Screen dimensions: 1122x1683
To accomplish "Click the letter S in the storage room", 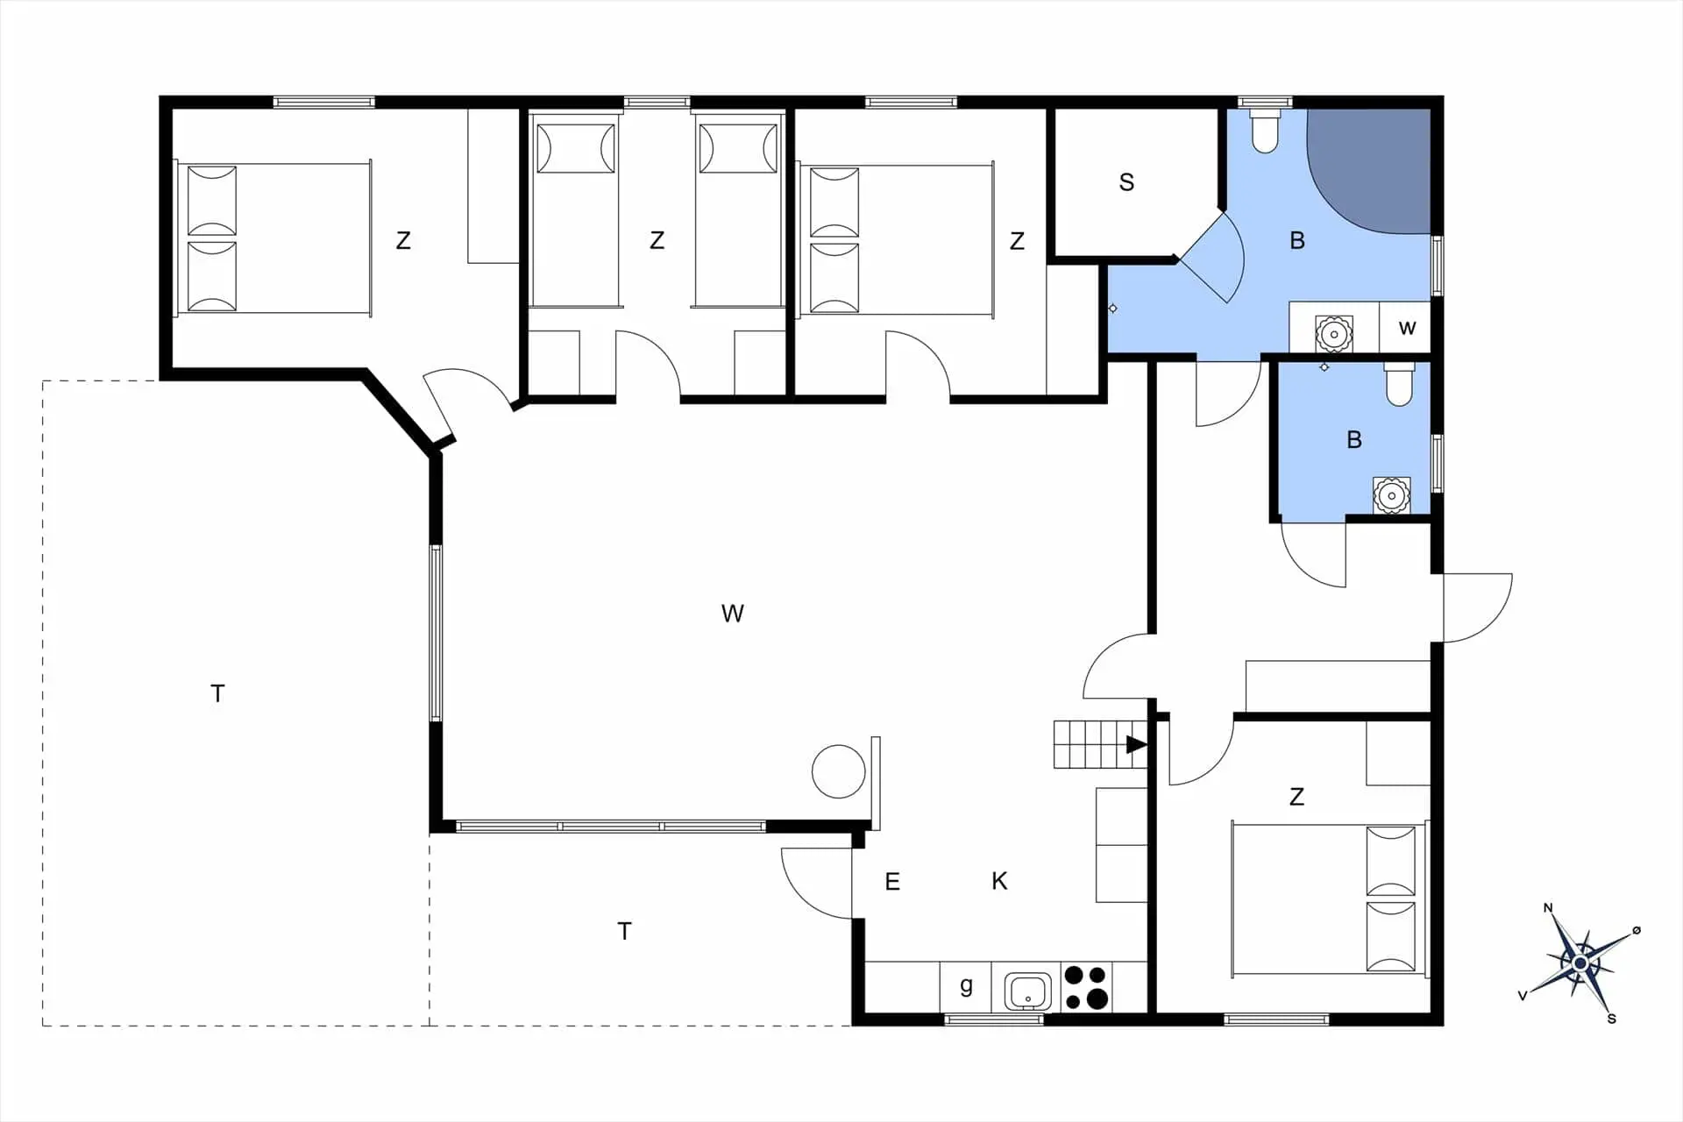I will tap(1126, 182).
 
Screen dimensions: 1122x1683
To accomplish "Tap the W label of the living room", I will tap(732, 614).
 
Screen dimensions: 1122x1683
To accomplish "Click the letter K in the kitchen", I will tap(999, 881).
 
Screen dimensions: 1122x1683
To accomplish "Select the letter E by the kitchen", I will tap(892, 882).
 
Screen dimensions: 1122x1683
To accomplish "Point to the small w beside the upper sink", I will tap(1407, 329).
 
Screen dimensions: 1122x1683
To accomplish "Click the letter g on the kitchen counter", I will tap(966, 985).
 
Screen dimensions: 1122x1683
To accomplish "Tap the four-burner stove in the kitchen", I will tap(1086, 987).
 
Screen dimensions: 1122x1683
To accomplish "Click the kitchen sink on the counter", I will tap(1027, 991).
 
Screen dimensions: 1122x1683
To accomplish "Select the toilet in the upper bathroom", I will tap(1265, 131).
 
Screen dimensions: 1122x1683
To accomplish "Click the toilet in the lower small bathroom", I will tap(1399, 386).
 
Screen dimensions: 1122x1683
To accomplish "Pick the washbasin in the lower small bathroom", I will tap(1391, 496).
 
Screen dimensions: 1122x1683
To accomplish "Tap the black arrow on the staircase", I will tap(1136, 744).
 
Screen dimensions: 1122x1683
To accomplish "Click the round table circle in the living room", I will tap(839, 771).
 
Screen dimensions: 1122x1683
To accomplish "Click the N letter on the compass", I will tap(1548, 908).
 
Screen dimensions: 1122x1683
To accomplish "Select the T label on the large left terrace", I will tap(217, 694).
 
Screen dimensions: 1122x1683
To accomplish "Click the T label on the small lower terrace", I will tap(624, 931).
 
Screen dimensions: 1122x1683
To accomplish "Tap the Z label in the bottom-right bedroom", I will tap(1296, 797).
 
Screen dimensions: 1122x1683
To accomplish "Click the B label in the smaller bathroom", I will tap(1354, 440).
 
